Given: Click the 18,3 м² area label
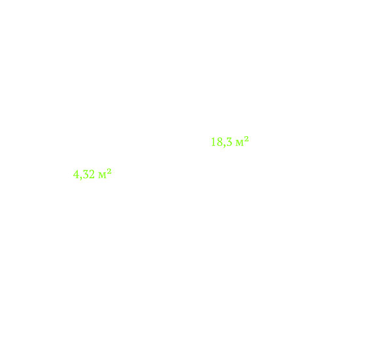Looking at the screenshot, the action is tap(230, 142).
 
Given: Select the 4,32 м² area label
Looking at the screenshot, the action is tap(92, 174).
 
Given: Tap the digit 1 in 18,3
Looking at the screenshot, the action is tap(213, 142).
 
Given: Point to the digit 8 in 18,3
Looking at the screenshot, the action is tap(220, 142).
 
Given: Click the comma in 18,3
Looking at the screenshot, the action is tap(224, 145).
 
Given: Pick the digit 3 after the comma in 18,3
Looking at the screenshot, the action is tap(229, 142).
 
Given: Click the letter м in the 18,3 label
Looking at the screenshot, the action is tap(239, 143).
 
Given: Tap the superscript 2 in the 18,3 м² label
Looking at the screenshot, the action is tap(247, 139).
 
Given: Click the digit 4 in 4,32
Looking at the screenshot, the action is tap(76, 174).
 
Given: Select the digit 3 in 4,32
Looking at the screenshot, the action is tap(86, 174).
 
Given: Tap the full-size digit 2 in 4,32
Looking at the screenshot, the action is tap(92, 174).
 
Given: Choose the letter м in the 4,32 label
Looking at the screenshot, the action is tap(103, 175).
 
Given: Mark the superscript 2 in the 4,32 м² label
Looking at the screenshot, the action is tap(109, 171).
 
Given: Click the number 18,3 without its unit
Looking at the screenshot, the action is tap(222, 142).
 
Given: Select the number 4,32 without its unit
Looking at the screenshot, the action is tap(84, 175).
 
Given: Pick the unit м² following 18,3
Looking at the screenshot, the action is tap(242, 141).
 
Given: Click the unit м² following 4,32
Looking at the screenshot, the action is tap(105, 173).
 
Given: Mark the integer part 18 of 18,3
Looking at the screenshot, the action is tap(217, 142).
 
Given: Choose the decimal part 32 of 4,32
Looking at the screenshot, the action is tap(89, 174).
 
